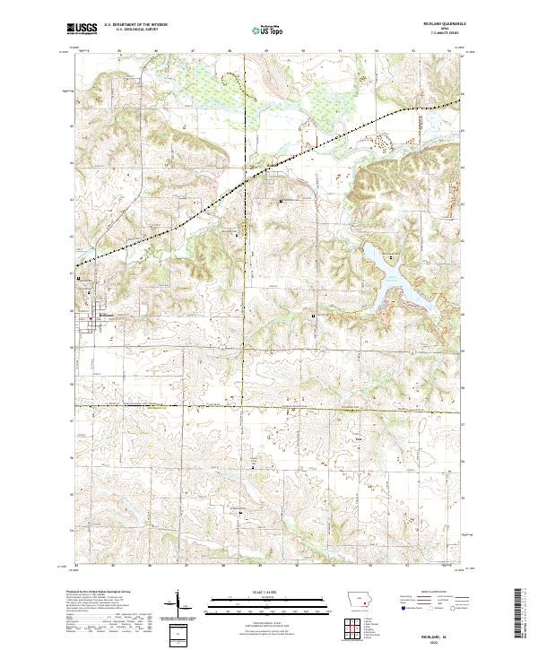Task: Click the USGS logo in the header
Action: pos(82,28)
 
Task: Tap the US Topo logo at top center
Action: pos(267,29)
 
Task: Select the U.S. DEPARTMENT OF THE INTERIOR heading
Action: pos(143,24)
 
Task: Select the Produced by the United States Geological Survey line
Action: pos(94,593)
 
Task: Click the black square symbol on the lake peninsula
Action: pos(313,316)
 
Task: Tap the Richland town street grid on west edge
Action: pos(90,305)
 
